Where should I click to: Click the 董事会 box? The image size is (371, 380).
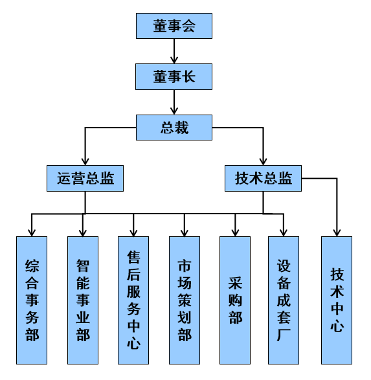click(x=174, y=26)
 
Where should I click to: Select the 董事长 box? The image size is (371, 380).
click(x=174, y=77)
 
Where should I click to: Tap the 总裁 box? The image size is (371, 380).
click(x=174, y=128)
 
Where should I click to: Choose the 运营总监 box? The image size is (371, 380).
click(x=85, y=179)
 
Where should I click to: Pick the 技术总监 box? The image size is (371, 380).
click(x=263, y=179)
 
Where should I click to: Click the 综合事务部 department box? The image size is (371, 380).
click(x=32, y=300)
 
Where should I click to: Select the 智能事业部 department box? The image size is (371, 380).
click(x=83, y=300)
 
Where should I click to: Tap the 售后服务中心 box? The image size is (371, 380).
click(x=133, y=300)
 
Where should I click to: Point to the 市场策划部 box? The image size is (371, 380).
click(x=185, y=300)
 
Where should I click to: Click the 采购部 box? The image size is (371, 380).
click(x=235, y=300)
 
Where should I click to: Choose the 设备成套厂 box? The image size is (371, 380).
click(x=284, y=300)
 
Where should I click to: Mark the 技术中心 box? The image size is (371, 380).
click(x=337, y=300)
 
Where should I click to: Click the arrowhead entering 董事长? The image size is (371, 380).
click(x=174, y=60)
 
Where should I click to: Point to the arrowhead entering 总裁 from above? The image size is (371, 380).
click(x=174, y=111)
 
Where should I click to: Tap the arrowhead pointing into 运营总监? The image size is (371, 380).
click(x=85, y=162)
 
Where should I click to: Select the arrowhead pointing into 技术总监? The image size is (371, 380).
click(x=263, y=162)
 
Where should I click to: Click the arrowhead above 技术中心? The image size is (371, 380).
click(x=337, y=233)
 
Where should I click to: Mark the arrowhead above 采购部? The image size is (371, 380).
click(x=235, y=233)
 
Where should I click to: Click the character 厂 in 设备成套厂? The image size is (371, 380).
click(x=284, y=335)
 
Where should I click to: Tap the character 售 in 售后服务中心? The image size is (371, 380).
click(x=133, y=257)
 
